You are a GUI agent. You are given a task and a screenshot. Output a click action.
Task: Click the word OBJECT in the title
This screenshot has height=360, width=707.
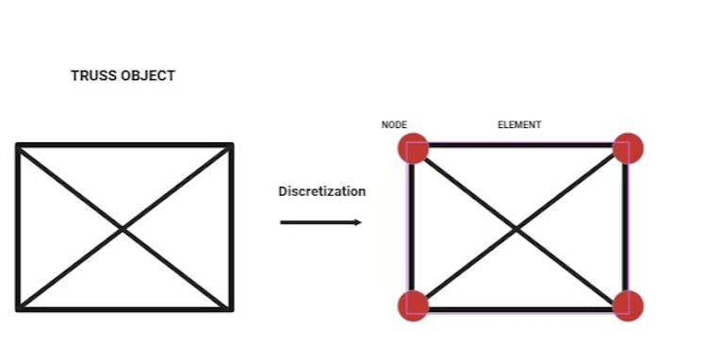(x=147, y=75)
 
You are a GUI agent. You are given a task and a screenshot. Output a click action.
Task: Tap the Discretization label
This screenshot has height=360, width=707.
(x=321, y=191)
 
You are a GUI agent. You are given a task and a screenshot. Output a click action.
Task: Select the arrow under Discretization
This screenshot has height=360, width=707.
(x=321, y=222)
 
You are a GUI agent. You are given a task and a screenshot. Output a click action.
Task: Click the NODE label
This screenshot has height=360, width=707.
(x=394, y=124)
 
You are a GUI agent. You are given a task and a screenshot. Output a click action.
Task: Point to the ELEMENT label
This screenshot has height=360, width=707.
(x=519, y=124)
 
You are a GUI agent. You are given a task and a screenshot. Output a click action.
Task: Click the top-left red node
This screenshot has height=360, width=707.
(x=413, y=149)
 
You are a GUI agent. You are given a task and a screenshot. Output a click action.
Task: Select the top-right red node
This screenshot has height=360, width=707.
(x=628, y=149)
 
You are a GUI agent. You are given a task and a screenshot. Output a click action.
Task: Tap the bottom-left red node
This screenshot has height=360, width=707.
(x=413, y=305)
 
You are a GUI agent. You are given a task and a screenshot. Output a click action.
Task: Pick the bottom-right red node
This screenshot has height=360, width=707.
(x=628, y=305)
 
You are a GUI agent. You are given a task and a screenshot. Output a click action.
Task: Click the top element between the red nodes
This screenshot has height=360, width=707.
(x=520, y=145)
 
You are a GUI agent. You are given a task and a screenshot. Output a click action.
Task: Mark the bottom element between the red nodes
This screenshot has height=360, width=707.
(x=520, y=308)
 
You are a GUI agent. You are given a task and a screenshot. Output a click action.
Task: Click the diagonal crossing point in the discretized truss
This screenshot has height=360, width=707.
(x=518, y=227)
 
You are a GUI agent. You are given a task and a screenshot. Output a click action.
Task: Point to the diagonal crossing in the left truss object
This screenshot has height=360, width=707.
(x=123, y=227)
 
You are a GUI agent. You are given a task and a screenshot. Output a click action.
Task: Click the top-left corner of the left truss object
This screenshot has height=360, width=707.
(x=18, y=146)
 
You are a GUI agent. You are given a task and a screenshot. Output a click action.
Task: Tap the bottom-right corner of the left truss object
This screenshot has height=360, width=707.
(x=230, y=307)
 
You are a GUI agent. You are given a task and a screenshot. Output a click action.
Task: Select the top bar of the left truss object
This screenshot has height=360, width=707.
(x=123, y=145)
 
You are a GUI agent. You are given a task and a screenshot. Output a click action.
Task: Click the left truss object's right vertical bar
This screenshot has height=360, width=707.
(x=231, y=227)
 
